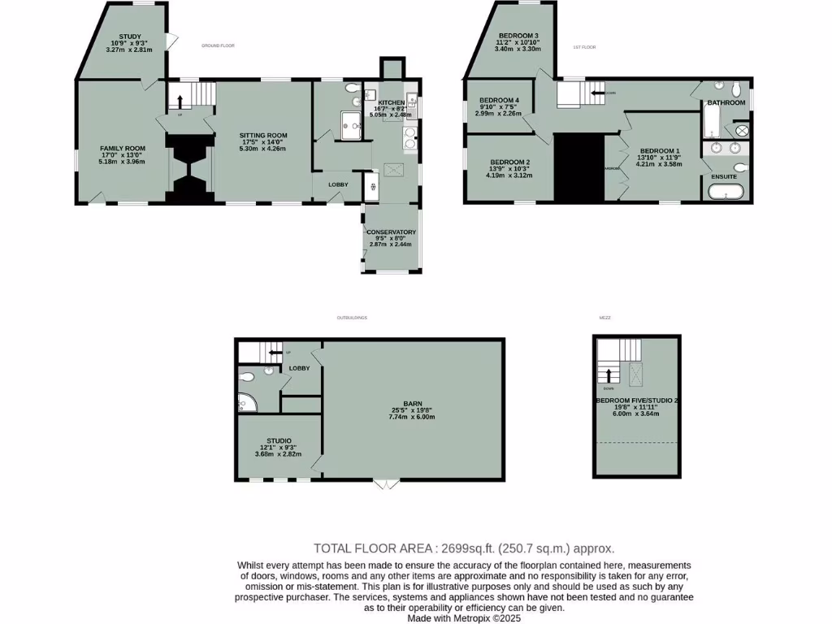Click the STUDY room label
130,37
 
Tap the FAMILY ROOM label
123,148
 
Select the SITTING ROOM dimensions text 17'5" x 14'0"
262,142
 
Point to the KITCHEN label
390,102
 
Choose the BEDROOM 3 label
518,36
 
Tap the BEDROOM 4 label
498,99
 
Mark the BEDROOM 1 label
660,151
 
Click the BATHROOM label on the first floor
726,102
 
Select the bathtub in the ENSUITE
726,192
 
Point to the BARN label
413,402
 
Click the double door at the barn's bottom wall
387,484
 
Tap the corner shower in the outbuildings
245,402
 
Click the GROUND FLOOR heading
218,46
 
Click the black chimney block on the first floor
579,167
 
